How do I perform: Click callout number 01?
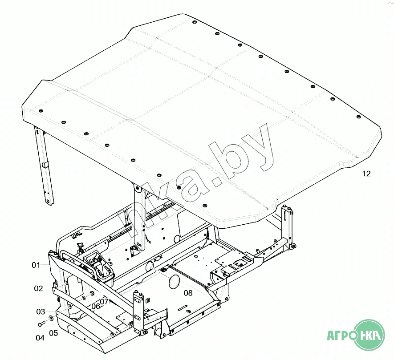(36, 265)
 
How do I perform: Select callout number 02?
(38, 288)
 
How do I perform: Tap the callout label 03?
(41, 312)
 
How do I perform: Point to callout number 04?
(40, 338)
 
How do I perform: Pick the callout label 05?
(53, 333)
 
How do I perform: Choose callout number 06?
(96, 306)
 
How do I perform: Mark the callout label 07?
(104, 301)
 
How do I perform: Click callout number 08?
(188, 293)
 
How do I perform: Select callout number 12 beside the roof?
(366, 174)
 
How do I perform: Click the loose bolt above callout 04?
(41, 324)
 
